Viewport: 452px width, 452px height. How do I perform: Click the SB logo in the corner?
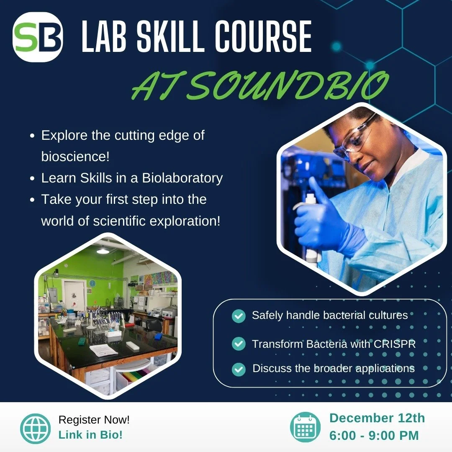tap(38, 37)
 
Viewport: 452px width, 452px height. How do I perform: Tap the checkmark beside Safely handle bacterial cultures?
tap(239, 316)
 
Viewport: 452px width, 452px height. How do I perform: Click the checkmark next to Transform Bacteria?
tap(239, 344)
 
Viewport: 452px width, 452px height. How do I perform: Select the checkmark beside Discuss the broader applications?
tap(239, 369)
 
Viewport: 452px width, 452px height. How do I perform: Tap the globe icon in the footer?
tap(35, 428)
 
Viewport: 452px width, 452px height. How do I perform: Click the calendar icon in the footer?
tap(305, 427)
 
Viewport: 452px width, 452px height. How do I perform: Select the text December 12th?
tap(377, 418)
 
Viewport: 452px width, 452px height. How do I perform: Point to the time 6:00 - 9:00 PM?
tap(374, 435)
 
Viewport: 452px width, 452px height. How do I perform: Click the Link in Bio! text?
tap(90, 435)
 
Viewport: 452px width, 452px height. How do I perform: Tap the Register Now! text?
tap(94, 419)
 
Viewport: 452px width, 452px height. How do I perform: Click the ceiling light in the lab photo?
tap(103, 251)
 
